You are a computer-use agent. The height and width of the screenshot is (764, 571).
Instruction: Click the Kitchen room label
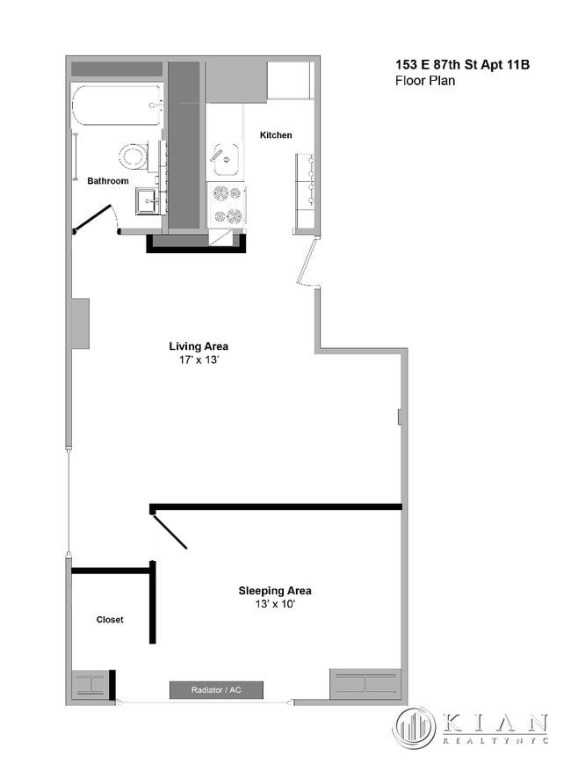click(276, 135)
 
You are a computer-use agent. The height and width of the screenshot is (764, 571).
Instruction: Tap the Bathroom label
click(107, 181)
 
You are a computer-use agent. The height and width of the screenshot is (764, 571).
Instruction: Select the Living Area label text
click(199, 346)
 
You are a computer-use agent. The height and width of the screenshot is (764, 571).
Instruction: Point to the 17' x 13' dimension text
click(199, 360)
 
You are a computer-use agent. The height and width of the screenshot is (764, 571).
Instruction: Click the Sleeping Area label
click(274, 591)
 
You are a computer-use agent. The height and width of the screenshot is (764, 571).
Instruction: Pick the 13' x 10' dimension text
click(274, 605)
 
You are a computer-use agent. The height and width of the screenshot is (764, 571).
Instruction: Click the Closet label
click(110, 620)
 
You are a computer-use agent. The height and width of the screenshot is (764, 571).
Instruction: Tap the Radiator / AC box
click(216, 690)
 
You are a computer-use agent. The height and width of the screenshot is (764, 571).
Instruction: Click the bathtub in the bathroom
click(117, 106)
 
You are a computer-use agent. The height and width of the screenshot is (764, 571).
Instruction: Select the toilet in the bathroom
click(134, 156)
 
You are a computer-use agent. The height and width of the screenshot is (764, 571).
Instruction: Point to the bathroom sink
click(148, 202)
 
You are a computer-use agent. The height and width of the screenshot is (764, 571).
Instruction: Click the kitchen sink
click(225, 160)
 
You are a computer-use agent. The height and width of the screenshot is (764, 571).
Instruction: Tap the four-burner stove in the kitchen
click(227, 204)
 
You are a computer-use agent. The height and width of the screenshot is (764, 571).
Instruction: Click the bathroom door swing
click(97, 220)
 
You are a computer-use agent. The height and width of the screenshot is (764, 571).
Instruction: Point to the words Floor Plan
click(425, 81)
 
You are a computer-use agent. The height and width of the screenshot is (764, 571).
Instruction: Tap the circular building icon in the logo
click(414, 728)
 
